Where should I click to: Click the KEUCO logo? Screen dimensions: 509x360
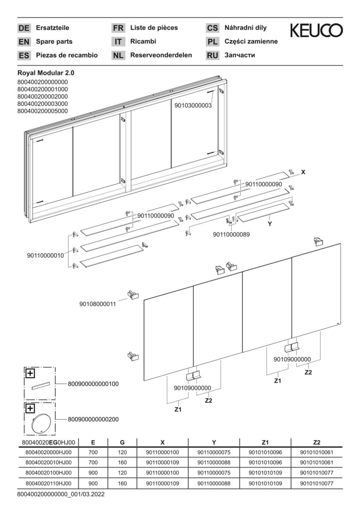point(316,31)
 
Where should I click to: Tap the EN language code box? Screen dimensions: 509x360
point(24,41)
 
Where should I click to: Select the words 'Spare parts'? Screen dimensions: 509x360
point(54,41)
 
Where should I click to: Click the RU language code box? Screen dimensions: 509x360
point(213,55)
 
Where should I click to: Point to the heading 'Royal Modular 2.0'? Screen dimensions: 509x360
point(46,73)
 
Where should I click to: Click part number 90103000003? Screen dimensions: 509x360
point(193,106)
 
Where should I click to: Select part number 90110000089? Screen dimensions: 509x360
point(231,234)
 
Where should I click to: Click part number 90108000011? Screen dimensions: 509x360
point(98,304)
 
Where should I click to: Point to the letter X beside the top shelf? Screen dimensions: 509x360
point(303,172)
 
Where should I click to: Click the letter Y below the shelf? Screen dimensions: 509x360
point(270,224)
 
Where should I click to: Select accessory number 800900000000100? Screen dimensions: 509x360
point(93,384)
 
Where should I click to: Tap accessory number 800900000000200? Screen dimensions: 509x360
point(93,419)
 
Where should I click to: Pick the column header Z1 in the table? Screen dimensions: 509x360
point(265,443)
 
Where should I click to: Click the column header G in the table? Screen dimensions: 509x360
point(122,443)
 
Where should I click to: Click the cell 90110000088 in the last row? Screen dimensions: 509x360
point(214,483)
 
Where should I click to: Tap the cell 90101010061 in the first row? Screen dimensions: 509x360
point(316,453)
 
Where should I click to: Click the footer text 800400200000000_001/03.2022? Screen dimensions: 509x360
point(61,494)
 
